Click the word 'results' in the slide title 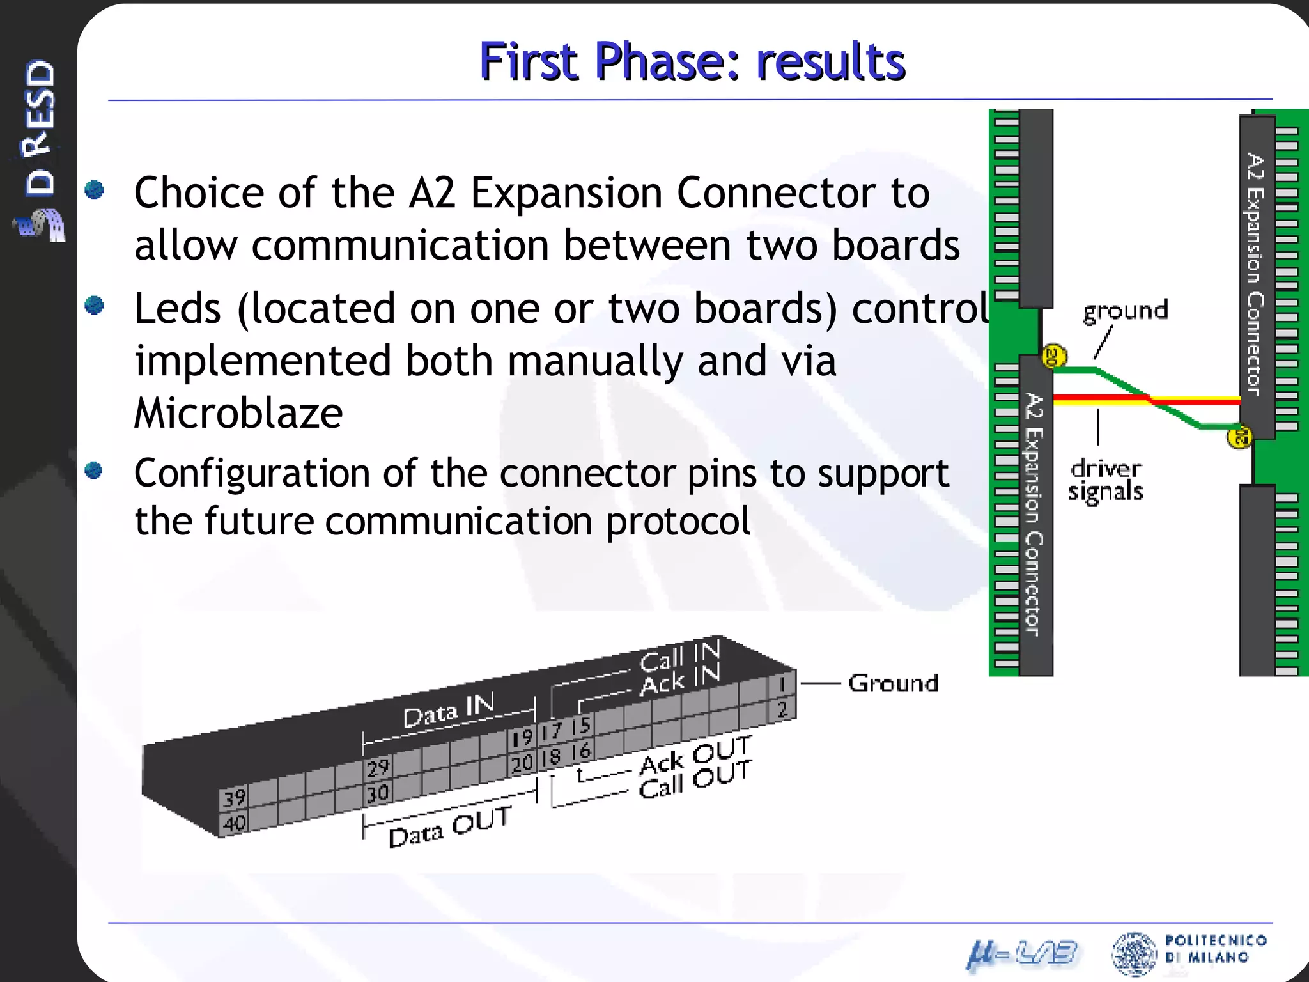[x=830, y=62]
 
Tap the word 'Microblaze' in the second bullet [x=238, y=413]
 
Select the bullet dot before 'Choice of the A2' [x=95, y=190]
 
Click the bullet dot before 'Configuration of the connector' [x=94, y=471]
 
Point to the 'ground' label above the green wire [x=1125, y=311]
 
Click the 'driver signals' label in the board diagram [x=1106, y=480]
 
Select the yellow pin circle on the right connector [x=1239, y=437]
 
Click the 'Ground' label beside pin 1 [x=893, y=683]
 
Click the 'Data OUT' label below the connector [x=450, y=827]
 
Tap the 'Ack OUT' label [x=695, y=755]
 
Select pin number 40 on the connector [x=234, y=823]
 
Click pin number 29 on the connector [x=377, y=767]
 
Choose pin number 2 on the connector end [x=782, y=709]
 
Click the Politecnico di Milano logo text [x=1214, y=948]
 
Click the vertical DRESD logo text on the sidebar [x=40, y=128]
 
